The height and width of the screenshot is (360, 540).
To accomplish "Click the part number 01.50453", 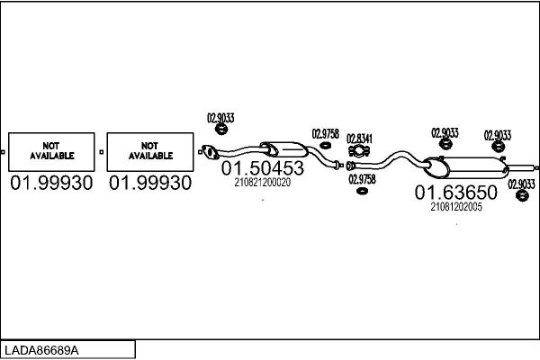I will coord(263,168).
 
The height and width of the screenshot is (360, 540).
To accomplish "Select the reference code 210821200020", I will coord(263,183).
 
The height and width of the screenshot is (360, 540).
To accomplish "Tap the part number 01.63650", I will coord(455,193).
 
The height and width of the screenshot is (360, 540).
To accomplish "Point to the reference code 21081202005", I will coord(456,206).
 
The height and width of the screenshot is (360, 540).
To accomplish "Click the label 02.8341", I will coord(359,138).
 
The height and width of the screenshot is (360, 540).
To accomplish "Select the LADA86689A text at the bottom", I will coord(41,349).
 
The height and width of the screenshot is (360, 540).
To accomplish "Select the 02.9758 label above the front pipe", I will coord(325,134).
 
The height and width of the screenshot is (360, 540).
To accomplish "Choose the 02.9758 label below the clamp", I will coord(361,179).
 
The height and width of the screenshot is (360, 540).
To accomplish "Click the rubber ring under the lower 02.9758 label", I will coord(361,191).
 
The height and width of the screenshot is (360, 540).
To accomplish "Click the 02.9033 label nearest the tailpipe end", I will coord(521,184).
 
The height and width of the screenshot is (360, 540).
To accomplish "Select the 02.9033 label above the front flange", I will coord(220,117).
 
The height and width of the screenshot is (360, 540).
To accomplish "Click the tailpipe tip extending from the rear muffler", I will coord(521,167).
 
